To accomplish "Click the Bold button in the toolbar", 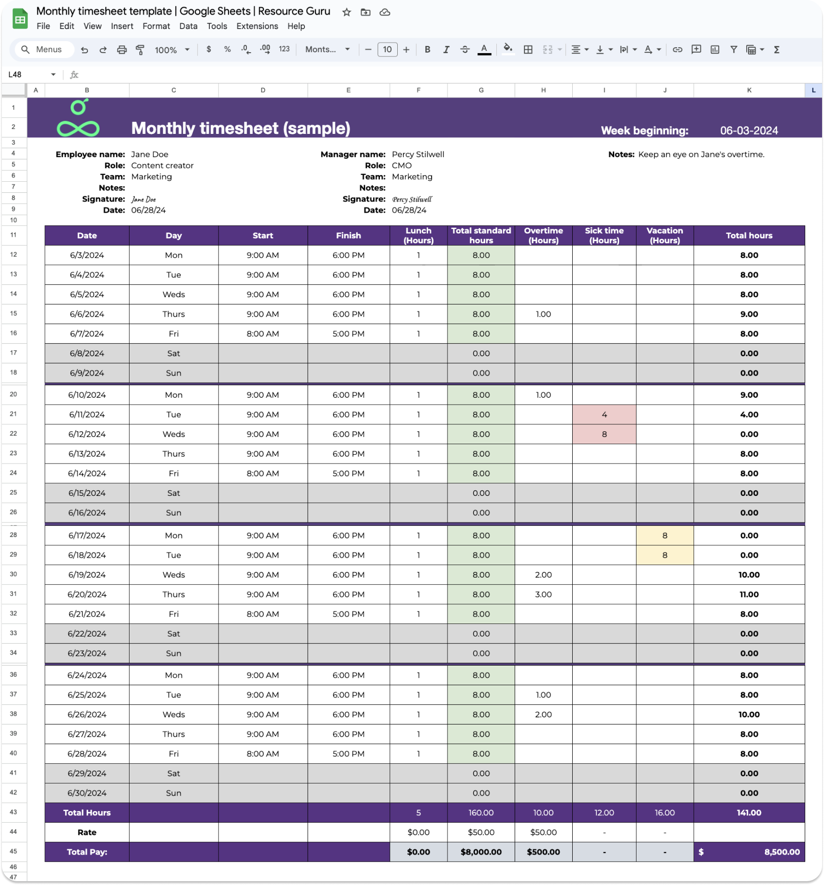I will point(427,49).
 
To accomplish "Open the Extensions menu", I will point(257,26).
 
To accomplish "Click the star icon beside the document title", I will point(347,12).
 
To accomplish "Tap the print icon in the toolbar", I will point(122,49).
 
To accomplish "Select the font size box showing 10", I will point(387,49).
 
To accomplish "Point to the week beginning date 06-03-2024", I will point(749,131).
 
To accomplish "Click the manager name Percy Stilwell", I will point(418,154).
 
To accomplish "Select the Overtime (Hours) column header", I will point(543,235).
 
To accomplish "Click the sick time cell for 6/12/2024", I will point(604,434).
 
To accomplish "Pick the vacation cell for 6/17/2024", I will point(665,536).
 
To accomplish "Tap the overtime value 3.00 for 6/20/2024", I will point(543,595).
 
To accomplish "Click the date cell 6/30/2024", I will point(87,793).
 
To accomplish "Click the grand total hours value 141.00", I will point(749,813).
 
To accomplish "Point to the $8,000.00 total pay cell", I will point(481,852).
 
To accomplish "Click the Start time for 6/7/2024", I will point(262,334).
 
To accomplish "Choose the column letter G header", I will point(481,90).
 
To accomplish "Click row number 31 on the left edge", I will point(14,594).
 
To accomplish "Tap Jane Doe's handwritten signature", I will point(144,199).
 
